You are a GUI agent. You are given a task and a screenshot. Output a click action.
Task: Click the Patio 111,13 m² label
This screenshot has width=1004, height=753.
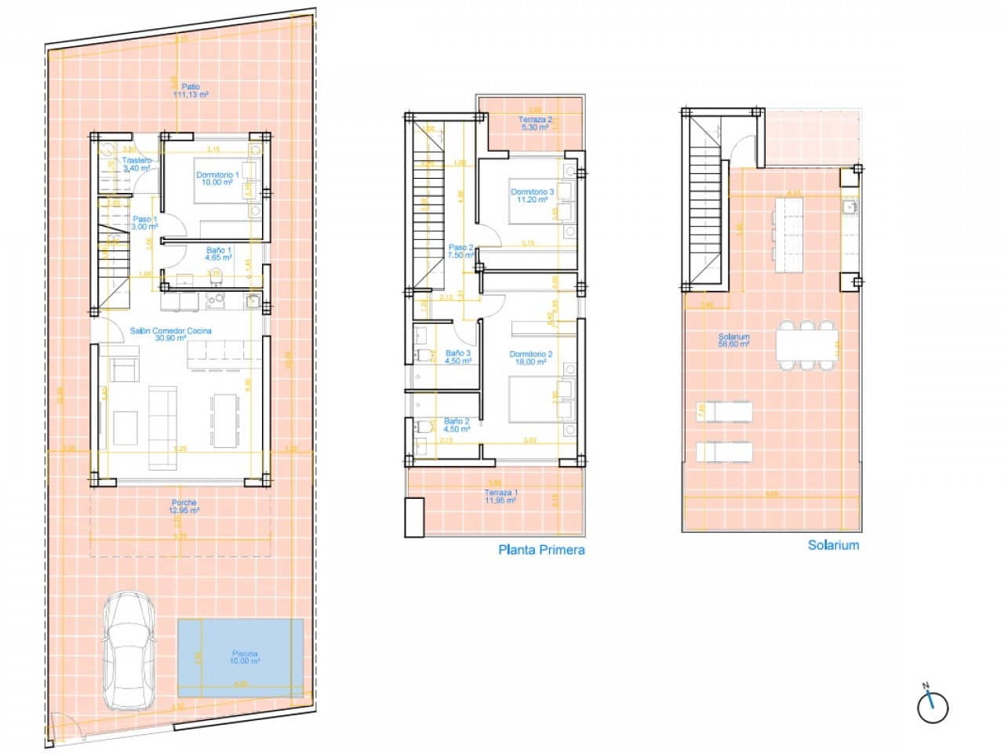[191, 91]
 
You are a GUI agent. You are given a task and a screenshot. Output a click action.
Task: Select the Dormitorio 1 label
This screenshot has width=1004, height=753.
[217, 178]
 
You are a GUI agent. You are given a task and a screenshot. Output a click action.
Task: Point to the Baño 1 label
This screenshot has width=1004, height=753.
[218, 253]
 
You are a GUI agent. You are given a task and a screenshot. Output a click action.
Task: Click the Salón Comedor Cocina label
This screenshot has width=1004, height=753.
[170, 335]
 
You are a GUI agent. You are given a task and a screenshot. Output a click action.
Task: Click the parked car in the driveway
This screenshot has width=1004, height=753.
[128, 649]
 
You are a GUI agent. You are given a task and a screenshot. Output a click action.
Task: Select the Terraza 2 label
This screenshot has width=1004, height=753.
[535, 124]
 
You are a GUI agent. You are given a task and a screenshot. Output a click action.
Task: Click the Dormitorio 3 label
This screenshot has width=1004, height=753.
[532, 195]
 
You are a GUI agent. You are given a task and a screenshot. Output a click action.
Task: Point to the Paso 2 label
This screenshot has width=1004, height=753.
[461, 251]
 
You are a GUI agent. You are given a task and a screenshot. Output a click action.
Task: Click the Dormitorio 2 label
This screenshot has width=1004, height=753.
[530, 358]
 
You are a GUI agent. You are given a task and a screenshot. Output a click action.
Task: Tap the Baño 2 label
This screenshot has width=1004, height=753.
[457, 425]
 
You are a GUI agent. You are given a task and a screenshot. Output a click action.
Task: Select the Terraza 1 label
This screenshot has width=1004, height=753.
[500, 497]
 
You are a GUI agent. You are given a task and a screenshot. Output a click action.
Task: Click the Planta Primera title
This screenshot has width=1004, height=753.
[541, 550]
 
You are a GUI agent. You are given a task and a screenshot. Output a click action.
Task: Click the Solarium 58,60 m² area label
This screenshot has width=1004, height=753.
[733, 340]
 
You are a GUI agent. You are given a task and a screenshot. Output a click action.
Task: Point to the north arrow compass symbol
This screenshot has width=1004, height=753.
[933, 706]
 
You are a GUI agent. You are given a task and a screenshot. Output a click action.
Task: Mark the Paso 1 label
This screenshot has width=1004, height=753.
[145, 223]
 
